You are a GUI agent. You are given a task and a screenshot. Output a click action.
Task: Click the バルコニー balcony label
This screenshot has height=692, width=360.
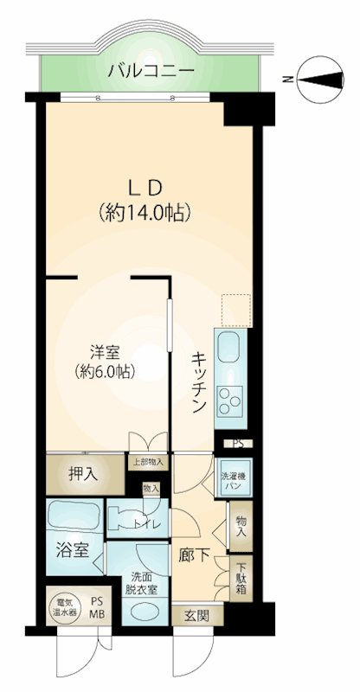coord(151,70)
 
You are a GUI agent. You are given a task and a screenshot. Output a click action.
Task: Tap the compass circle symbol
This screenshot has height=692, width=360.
coord(320,80)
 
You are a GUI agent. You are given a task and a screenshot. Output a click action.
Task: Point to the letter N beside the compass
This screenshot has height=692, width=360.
coord(288,80)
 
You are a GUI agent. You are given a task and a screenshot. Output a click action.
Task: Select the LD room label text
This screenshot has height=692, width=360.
coord(145,189)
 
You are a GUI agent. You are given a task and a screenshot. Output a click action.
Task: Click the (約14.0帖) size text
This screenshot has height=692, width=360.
coord(145,213)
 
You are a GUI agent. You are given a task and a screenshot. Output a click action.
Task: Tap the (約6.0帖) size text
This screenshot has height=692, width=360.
coord(105,372)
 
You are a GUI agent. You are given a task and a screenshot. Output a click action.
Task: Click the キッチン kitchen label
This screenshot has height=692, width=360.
coord(199,382)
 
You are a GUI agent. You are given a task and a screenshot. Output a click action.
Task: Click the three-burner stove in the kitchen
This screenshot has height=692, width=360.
coord(230,400)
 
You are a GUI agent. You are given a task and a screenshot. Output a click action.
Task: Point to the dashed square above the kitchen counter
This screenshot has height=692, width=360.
coord(236,311)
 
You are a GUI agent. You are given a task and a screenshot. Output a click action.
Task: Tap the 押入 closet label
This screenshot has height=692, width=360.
coord(83,474)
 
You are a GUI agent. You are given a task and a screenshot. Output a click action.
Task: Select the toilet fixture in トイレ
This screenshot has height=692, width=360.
coord(126,517)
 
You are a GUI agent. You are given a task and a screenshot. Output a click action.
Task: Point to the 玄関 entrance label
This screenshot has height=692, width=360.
coord(196,615)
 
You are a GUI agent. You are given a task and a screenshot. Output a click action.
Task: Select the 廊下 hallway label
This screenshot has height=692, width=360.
coord(194,555)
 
